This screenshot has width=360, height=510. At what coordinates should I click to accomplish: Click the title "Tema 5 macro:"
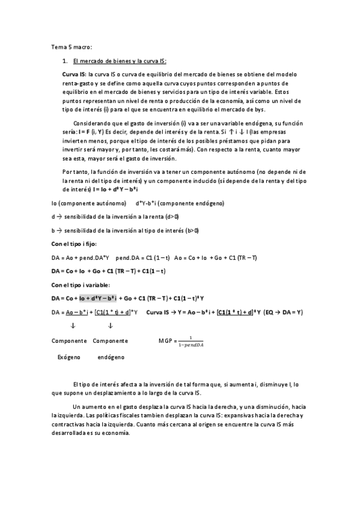point(72,47)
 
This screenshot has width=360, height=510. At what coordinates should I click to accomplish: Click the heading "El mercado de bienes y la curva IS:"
point(119,61)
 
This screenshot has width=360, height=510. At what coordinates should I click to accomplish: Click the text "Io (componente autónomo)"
point(88,203)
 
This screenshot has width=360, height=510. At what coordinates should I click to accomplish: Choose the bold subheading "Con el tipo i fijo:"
point(74,244)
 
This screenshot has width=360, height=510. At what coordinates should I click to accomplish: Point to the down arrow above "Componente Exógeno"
point(73,326)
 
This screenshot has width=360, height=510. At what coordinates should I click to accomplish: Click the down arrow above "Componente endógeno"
point(110,326)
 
